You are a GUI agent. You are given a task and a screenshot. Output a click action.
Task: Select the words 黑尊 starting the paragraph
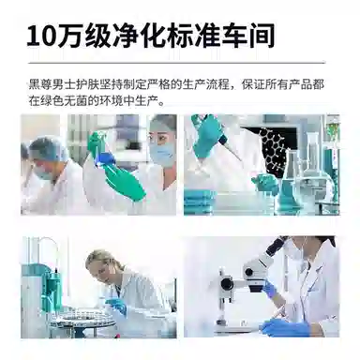(40, 84)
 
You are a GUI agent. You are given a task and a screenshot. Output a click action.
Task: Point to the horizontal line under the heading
(176, 63)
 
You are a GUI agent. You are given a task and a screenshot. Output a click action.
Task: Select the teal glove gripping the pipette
(208, 136)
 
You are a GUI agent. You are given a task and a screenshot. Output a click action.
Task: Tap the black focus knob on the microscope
(227, 283)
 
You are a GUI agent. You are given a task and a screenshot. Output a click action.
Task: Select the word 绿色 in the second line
(52, 101)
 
